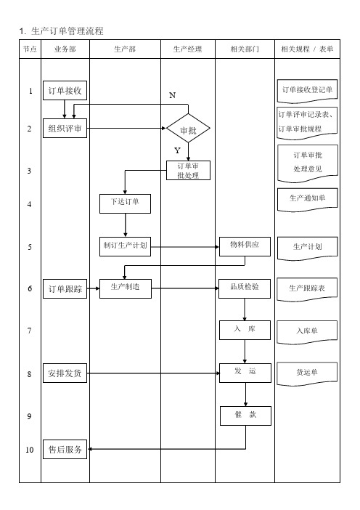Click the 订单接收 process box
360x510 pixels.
65,90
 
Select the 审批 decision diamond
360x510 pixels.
188,128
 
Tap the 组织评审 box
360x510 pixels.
65,128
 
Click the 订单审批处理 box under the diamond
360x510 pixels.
189,171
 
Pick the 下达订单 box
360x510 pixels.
125,204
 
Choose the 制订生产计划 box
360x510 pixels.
125,246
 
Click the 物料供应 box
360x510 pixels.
245,246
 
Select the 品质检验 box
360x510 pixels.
245,288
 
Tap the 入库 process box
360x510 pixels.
245,331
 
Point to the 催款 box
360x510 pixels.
245,416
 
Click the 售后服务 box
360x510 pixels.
65,449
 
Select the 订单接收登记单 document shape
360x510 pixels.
307,91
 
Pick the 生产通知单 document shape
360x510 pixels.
307,199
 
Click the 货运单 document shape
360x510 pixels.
307,374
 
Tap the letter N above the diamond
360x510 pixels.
173,95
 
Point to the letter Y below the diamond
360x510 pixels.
177,150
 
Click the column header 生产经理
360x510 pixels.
188,49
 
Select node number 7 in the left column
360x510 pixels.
30,331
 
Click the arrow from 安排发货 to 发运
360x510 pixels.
154,373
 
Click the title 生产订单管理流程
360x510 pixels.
67,31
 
